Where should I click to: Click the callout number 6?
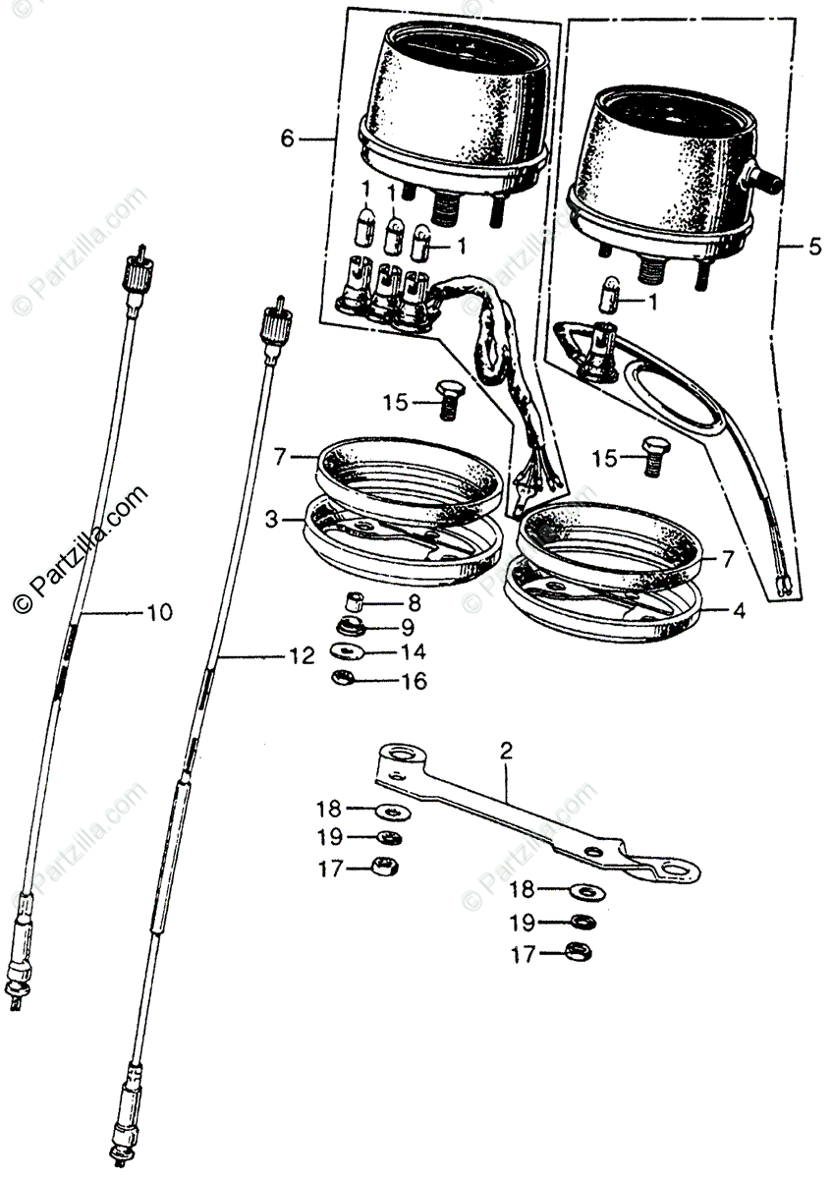pyautogui.click(x=287, y=139)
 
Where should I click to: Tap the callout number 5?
pyautogui.click(x=814, y=248)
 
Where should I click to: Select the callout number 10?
pyautogui.click(x=158, y=612)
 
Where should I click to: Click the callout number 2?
pyautogui.click(x=506, y=753)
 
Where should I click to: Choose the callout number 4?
pyautogui.click(x=738, y=609)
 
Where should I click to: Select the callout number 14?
pyautogui.click(x=414, y=651)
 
